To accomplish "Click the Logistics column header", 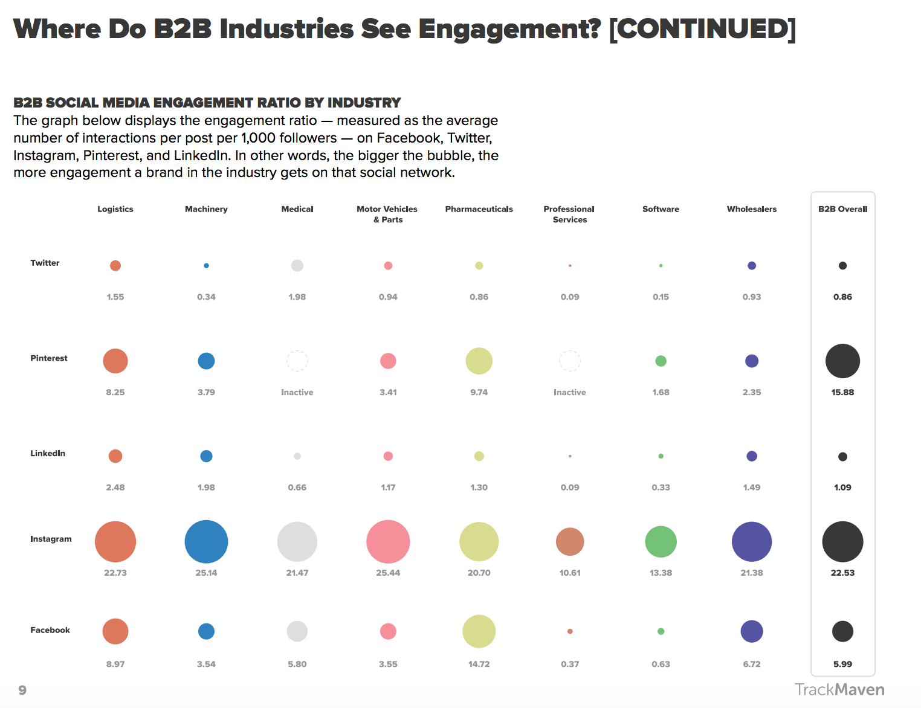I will pos(115,209).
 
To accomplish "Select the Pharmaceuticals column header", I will pos(479,209).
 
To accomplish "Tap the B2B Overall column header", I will pos(842,209).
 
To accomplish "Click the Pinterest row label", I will pos(49,358).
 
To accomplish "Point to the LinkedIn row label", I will pos(48,453).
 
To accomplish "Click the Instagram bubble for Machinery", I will pos(206,541).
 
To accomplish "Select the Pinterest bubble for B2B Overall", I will pos(842,361).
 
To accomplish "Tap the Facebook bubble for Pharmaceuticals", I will pos(479,631).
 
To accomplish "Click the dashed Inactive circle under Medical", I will pos(297,361).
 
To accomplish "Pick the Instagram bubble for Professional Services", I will pos(570,541).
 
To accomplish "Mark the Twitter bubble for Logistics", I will pos(115,265).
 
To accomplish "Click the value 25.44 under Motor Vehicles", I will pos(388,573).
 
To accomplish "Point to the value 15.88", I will pos(842,392).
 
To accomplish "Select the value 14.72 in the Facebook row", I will pos(479,664).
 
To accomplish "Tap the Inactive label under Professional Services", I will pos(570,392).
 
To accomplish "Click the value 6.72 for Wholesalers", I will pos(752,664).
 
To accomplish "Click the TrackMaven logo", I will pos(839,690).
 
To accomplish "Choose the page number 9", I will pos(22,690).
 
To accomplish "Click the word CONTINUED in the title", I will pos(702,29).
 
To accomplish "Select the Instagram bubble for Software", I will pos(661,541).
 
